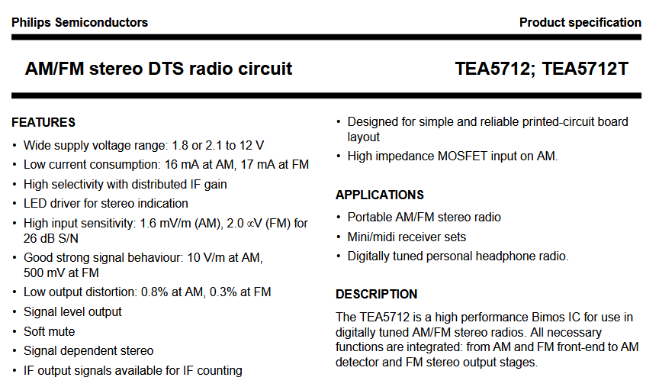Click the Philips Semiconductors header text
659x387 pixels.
click(x=80, y=22)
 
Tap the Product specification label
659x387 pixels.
click(x=580, y=22)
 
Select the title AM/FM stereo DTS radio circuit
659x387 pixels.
click(x=159, y=69)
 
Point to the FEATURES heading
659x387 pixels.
click(x=43, y=122)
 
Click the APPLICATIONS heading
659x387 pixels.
click(x=380, y=195)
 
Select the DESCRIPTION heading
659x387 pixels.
click(x=377, y=294)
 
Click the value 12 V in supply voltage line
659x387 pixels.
click(x=252, y=146)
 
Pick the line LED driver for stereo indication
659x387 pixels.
click(x=106, y=204)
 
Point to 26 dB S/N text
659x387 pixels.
click(x=51, y=238)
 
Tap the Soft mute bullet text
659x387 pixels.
click(x=49, y=331)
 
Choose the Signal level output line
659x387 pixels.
click(x=72, y=311)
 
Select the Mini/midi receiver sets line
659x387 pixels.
click(x=407, y=237)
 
